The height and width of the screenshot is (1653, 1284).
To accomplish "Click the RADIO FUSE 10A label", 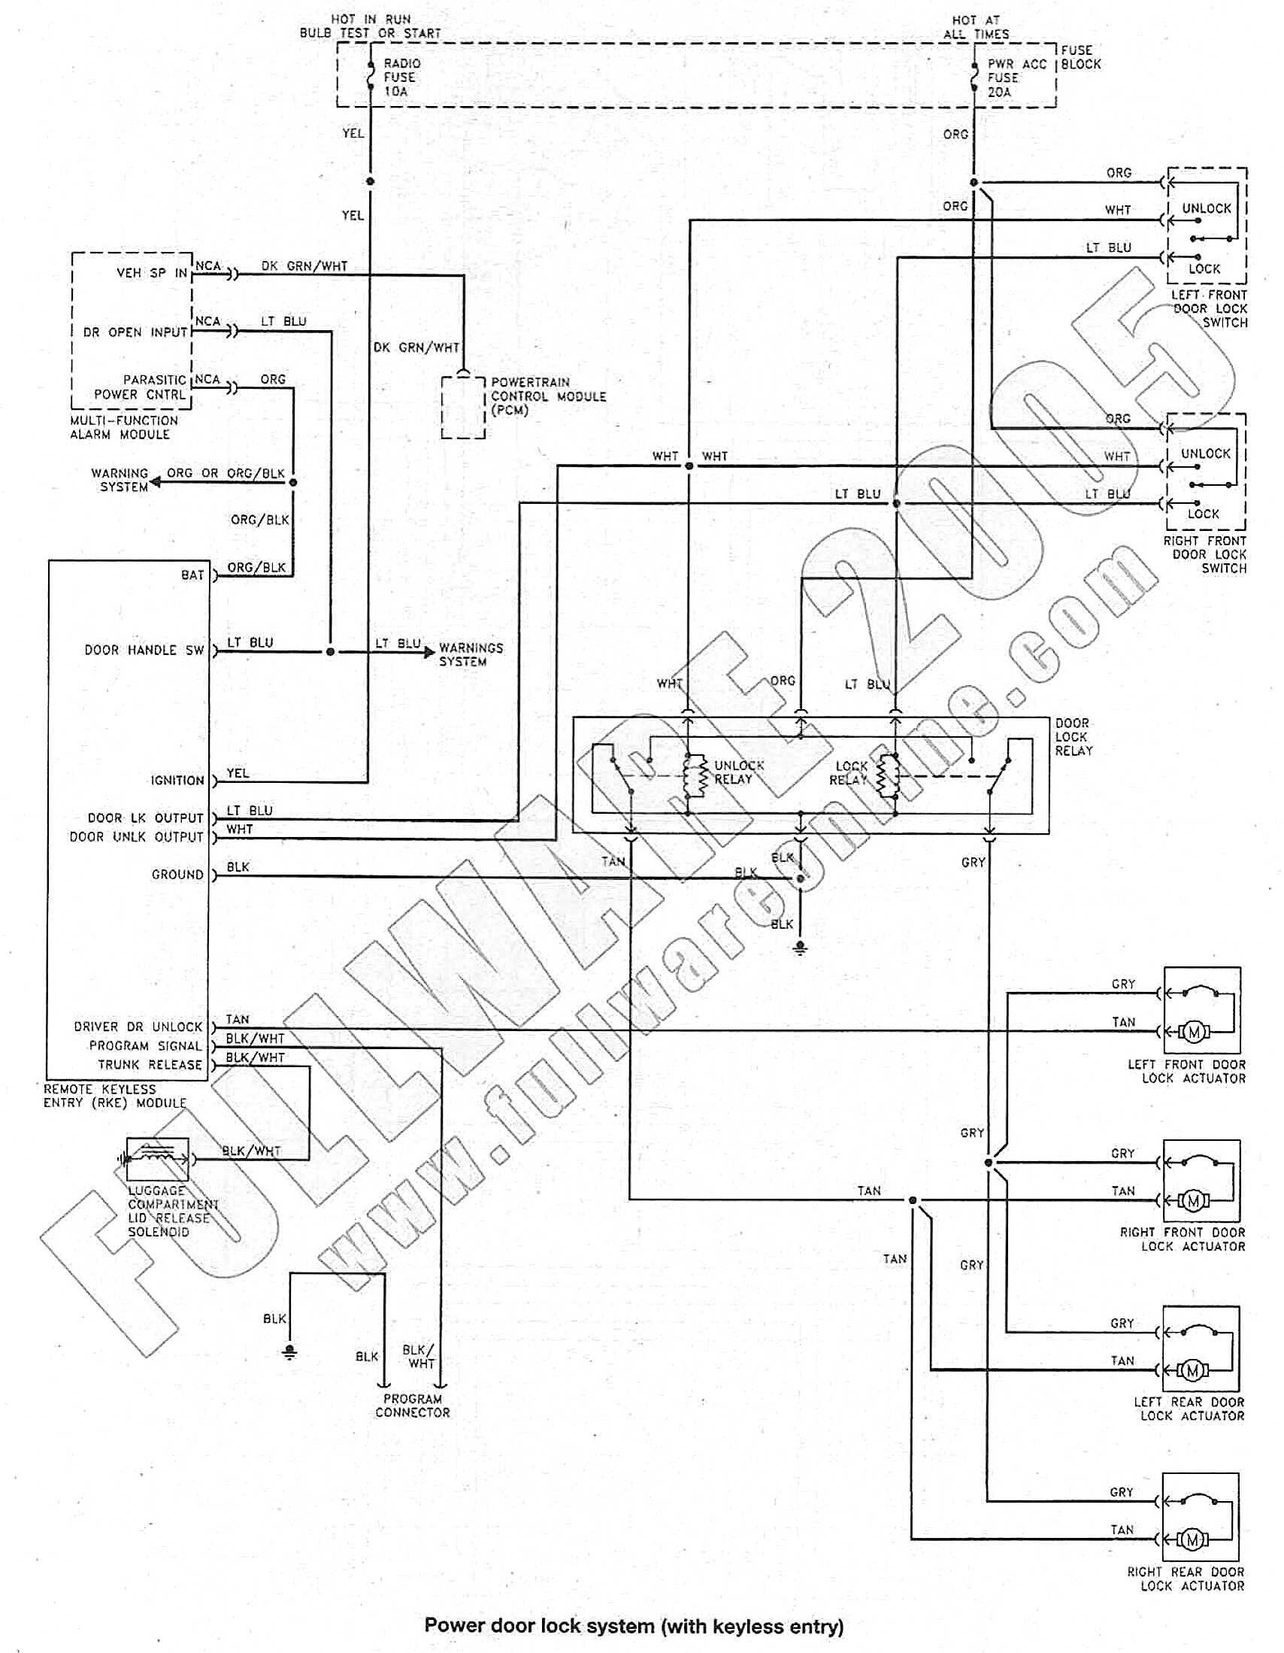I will click(401, 77).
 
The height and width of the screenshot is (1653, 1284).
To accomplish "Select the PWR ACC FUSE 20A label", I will click(1016, 78).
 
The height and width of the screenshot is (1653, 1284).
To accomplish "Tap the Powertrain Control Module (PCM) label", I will click(548, 396).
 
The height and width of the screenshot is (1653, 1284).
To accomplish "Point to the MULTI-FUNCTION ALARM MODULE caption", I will click(124, 428).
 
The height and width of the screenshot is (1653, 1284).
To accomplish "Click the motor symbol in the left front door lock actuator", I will click(1194, 1032).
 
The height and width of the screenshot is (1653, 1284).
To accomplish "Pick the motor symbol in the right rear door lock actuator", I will click(1193, 1539).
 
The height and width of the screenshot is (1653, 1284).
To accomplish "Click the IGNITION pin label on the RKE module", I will click(177, 781).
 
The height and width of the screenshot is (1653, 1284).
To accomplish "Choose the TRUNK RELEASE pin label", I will click(150, 1065).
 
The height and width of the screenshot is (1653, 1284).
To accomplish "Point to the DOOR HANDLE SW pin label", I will click(144, 651).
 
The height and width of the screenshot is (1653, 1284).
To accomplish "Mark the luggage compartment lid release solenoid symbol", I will click(156, 1158).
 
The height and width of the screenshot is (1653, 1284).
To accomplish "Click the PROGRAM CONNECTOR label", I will click(413, 1406).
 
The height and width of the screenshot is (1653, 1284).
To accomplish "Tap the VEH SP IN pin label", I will click(151, 273).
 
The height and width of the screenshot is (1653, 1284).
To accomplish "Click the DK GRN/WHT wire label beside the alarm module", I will click(304, 266).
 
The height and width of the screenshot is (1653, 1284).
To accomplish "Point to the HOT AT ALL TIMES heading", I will click(975, 27).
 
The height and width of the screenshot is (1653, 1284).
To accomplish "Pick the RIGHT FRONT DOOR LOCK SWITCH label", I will click(1204, 554).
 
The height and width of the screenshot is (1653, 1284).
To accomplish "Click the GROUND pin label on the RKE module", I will click(177, 875).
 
